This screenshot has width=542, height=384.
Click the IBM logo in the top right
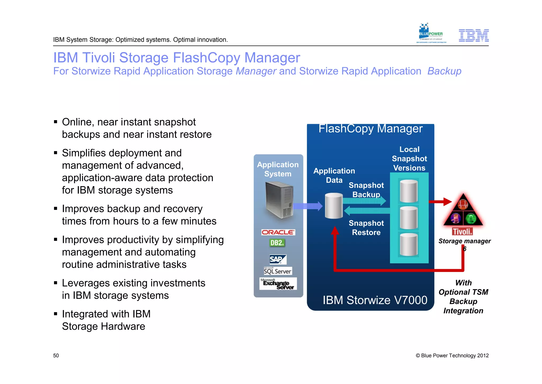pos(473,36)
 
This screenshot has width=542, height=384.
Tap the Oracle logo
pos(278,232)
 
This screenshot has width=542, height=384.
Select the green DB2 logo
pos(277,243)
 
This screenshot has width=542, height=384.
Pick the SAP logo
pos(278,259)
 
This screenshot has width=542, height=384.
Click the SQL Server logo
pos(278,271)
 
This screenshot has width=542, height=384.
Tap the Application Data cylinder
pos(334,206)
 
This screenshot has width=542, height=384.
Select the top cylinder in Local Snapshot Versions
pos(409,191)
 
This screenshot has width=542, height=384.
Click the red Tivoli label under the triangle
pos(462,232)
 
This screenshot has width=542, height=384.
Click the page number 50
pos(56,356)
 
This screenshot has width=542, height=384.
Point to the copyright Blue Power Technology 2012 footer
pos(452,356)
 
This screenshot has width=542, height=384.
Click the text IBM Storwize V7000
pos(375,300)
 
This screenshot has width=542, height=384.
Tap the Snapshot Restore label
pos(366,228)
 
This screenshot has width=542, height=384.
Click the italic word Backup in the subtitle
pos(444,71)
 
